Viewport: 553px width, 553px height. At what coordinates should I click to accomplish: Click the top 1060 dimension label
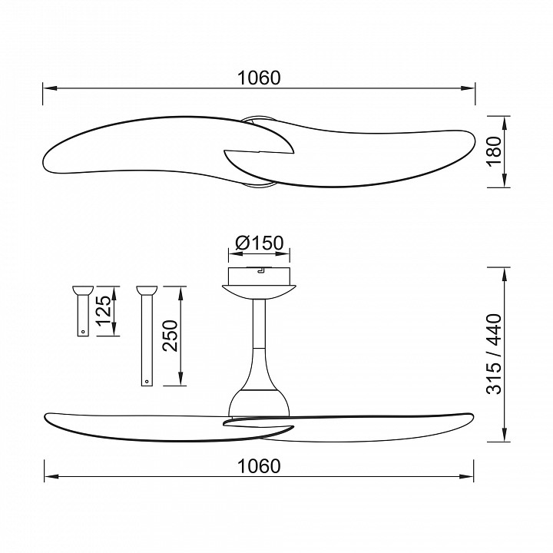[260, 78]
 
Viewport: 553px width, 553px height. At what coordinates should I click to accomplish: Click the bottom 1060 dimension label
[260, 466]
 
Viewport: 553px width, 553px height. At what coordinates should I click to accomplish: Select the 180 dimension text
[494, 151]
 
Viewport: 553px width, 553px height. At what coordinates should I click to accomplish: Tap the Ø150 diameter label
[260, 243]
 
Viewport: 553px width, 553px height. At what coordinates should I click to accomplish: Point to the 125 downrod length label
[104, 311]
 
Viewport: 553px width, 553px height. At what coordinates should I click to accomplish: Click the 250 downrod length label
[171, 336]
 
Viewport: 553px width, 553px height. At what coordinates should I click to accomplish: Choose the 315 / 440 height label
[494, 354]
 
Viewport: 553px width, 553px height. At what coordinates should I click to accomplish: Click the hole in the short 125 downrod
[83, 332]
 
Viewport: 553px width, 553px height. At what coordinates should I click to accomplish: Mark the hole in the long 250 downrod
[147, 381]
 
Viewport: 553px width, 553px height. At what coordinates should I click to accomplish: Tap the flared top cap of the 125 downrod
[83, 290]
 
